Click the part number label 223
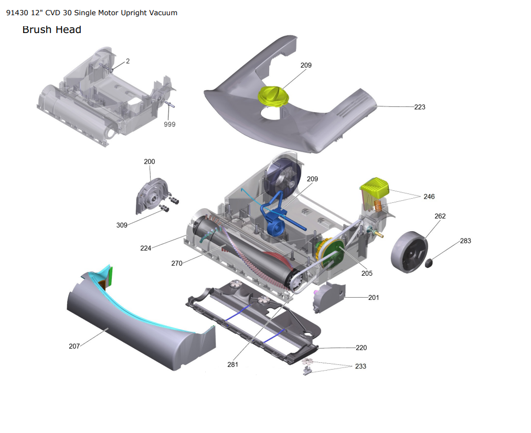coord(420,107)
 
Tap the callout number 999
coord(169,124)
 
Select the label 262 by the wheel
coord(440,216)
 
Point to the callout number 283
coord(465,241)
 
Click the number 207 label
coord(74,346)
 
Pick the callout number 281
coord(232,364)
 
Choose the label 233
coord(360,366)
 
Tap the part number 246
coord(429,197)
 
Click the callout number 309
coord(122,225)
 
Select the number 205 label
coord(367,273)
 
